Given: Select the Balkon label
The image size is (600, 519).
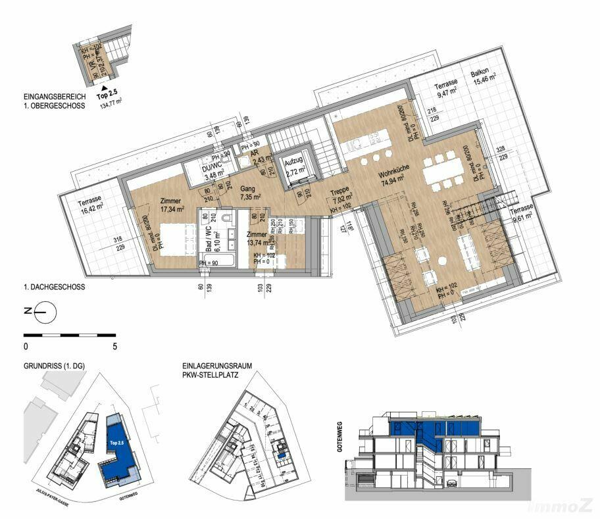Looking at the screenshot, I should pyautogui.click(x=483, y=74).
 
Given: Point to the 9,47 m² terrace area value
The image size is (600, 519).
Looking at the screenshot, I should pyautogui.click(x=445, y=93).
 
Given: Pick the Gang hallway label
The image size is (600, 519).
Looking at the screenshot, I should pyautogui.click(x=247, y=187).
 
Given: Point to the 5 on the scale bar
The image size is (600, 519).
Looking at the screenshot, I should pyautogui.click(x=114, y=345).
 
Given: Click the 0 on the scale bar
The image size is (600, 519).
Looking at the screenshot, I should pyautogui.click(x=26, y=345).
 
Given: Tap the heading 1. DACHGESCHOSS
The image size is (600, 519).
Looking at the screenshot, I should pyautogui.click(x=54, y=287).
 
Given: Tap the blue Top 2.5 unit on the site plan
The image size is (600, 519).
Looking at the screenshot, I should pyautogui.click(x=118, y=447).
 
